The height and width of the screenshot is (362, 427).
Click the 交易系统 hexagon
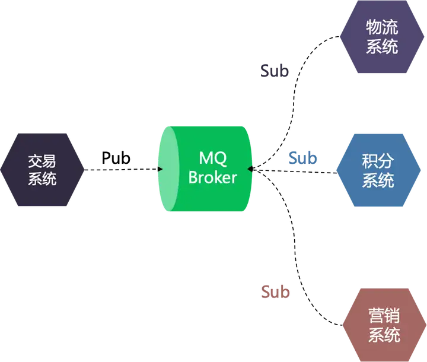click(42, 170)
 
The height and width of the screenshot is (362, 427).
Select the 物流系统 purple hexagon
click(382, 37)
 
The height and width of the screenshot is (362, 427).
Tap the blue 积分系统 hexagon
click(378, 170)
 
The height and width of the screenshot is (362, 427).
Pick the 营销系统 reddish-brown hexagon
click(384, 325)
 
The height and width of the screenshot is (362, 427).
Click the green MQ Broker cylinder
click(205, 169)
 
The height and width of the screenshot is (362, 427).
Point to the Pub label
click(116, 158)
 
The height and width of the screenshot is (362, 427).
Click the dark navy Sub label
click(275, 71)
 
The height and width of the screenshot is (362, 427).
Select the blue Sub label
click(302, 158)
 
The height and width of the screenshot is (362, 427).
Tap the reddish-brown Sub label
click(275, 291)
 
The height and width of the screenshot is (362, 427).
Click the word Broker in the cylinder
click(213, 177)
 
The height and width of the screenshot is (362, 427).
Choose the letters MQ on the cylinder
click(213, 158)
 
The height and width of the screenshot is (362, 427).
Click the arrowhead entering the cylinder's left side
click(161, 169)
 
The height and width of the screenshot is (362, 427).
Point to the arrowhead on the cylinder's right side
click(250, 169)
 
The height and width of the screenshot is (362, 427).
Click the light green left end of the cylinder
click(168, 169)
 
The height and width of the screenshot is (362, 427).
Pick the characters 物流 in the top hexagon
click(382, 27)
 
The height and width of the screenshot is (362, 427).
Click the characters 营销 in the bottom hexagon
click(384, 316)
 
